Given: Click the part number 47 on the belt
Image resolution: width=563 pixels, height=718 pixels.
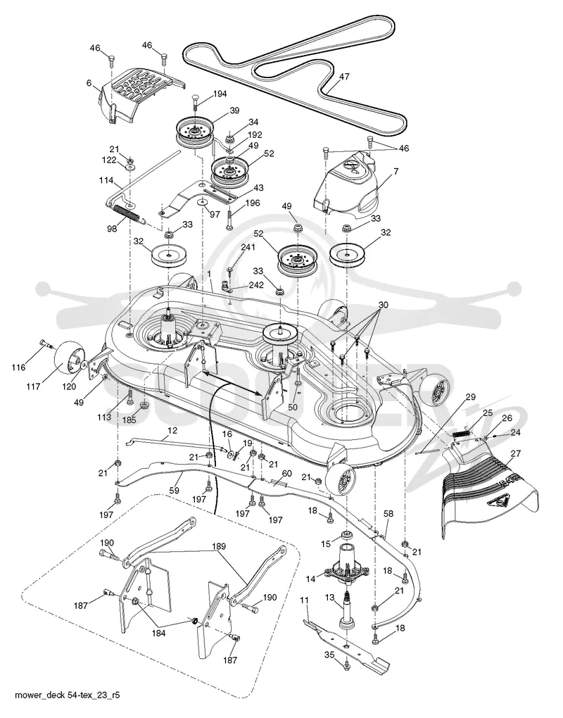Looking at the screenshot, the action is (343, 77).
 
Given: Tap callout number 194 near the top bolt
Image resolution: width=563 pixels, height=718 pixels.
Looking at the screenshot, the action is (220, 94).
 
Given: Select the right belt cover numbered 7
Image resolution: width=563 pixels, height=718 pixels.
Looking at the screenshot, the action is (348, 184).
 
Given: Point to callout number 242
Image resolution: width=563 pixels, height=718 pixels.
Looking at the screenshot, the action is (256, 285).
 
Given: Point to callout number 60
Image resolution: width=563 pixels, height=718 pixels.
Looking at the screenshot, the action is (286, 474).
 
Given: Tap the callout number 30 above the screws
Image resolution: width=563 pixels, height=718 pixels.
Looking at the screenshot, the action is (383, 305).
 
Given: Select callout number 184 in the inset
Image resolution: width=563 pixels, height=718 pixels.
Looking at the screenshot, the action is (158, 634).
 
